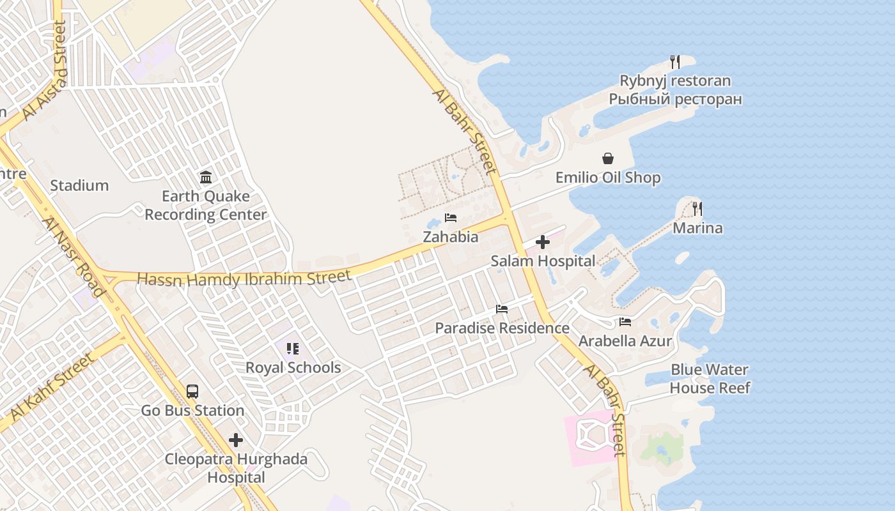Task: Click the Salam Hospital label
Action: tap(543, 261)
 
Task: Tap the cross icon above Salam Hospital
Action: tap(543, 242)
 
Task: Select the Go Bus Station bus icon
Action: tap(192, 392)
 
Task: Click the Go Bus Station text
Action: tap(192, 410)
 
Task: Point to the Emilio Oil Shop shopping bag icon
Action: tap(607, 158)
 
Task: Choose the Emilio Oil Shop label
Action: tap(607, 178)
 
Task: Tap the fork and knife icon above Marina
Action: tap(697, 209)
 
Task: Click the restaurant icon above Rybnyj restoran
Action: tap(674, 62)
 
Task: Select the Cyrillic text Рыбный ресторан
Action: tap(675, 99)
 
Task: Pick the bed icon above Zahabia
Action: tap(451, 218)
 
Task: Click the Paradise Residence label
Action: tap(502, 328)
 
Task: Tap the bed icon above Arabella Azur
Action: tap(625, 322)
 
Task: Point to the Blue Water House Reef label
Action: tap(710, 379)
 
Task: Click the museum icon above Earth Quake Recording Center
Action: tap(206, 177)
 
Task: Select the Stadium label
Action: tap(79, 186)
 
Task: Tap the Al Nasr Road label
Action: tap(73, 257)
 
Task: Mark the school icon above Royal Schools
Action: tap(293, 349)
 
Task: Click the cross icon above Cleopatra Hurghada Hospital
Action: tap(236, 440)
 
